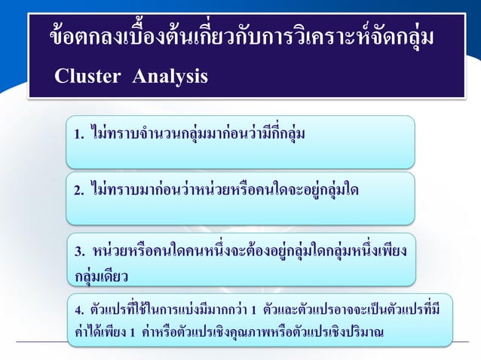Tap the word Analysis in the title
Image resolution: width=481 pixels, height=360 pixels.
click(x=170, y=77)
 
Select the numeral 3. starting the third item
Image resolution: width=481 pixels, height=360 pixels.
click(x=79, y=252)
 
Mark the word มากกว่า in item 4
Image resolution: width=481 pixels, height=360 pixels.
click(x=230, y=310)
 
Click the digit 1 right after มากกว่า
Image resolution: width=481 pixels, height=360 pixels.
click(x=255, y=310)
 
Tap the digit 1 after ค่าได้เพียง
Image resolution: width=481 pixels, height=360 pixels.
click(x=132, y=332)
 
